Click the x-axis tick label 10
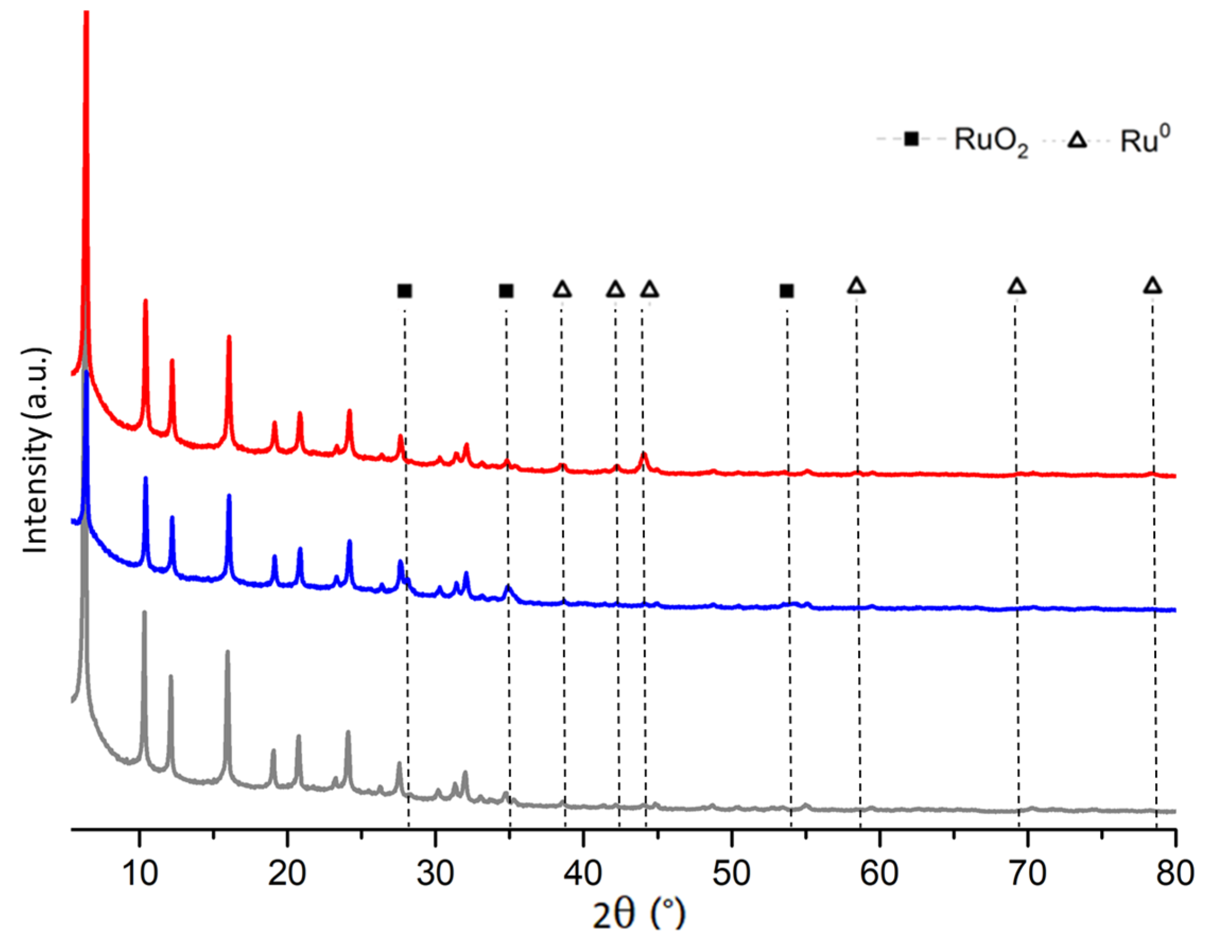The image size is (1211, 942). tap(139, 873)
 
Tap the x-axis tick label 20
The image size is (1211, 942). tap(287, 873)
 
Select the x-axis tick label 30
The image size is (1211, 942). tap(435, 873)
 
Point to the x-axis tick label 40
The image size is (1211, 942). tap(583, 873)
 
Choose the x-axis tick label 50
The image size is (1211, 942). tap(731, 873)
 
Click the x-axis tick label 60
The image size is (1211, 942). tap(879, 873)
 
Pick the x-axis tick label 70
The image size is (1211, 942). tap(1027, 873)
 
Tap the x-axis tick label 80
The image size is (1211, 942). tap(1174, 873)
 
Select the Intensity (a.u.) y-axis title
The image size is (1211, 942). tap(36, 450)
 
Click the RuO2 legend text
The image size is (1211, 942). tap(991, 142)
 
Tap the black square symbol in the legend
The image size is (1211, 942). tap(911, 139)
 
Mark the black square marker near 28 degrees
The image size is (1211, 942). tap(405, 291)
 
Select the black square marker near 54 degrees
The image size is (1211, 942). tap(786, 291)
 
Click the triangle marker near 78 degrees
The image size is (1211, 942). tap(1153, 286)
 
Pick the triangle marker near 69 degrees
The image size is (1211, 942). tap(1016, 286)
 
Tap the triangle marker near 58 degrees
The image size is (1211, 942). tap(857, 286)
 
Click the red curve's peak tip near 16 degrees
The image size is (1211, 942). tap(229, 337)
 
